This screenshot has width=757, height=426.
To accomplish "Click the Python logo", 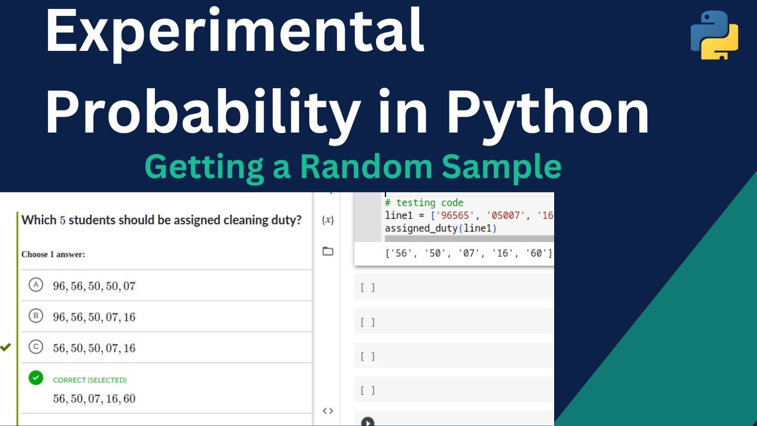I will (714, 35).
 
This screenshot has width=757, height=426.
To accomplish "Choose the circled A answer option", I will (36, 285).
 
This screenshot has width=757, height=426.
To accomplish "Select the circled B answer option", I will (36, 316).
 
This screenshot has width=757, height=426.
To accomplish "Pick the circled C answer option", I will (36, 347).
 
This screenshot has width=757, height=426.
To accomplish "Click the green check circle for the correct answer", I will (36, 377).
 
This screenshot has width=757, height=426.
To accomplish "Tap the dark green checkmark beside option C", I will (6, 347).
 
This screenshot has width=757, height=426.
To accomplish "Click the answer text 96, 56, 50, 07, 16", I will (94, 317).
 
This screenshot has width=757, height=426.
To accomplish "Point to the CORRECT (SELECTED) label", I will (90, 380).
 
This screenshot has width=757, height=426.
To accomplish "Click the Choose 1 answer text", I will (53, 254).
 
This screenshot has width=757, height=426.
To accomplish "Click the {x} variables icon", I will (328, 220).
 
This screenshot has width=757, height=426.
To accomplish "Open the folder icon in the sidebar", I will (328, 251).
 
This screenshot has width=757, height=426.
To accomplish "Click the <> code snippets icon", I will (328, 411).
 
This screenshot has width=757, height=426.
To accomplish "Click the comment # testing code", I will (424, 202).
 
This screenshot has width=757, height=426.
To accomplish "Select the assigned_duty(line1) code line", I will (441, 228).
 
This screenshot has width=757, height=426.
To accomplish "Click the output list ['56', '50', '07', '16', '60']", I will (468, 253).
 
